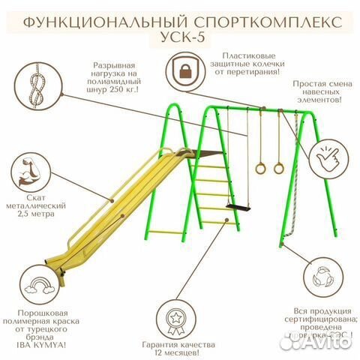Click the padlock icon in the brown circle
pyautogui.click(x=184, y=72)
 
